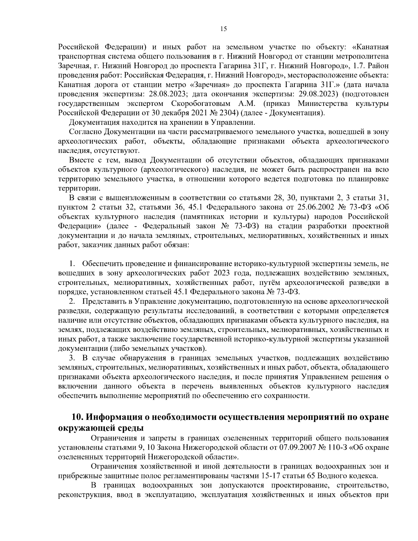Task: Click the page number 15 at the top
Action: [x=224, y=29]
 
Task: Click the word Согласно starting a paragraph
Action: [x=85, y=132]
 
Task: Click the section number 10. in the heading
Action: [x=79, y=417]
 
